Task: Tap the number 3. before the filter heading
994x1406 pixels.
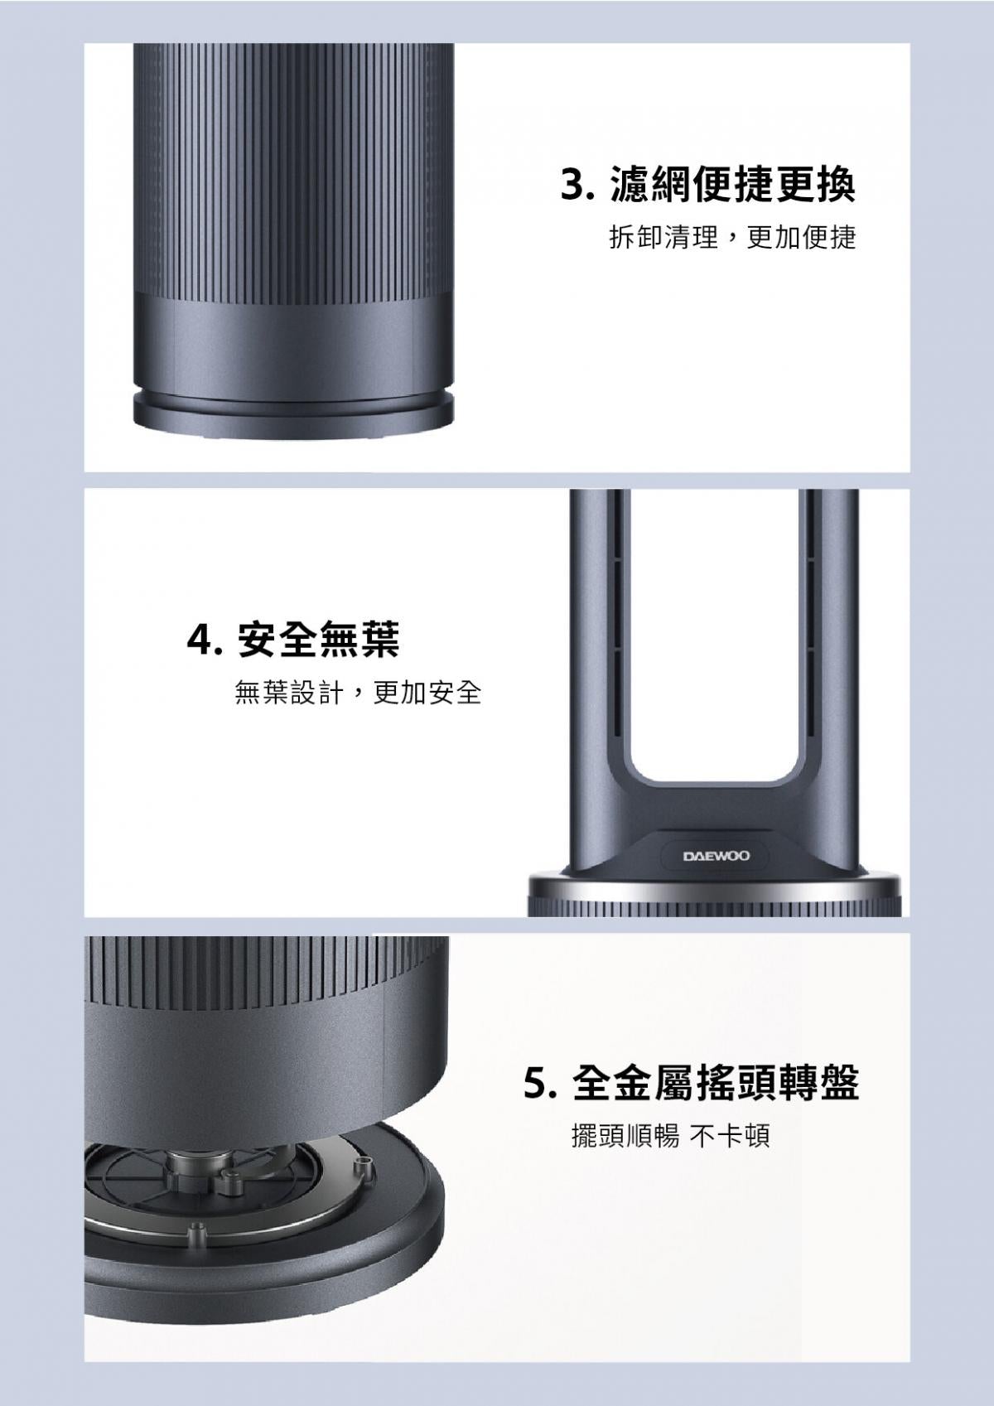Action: (x=578, y=186)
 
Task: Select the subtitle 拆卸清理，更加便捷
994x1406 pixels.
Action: (x=732, y=239)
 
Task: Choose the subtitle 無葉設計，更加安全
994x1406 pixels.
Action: (x=358, y=692)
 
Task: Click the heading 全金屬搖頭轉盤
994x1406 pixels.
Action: (x=716, y=1084)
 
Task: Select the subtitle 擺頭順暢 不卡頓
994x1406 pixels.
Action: (x=671, y=1135)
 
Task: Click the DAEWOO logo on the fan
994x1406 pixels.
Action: (x=717, y=855)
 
